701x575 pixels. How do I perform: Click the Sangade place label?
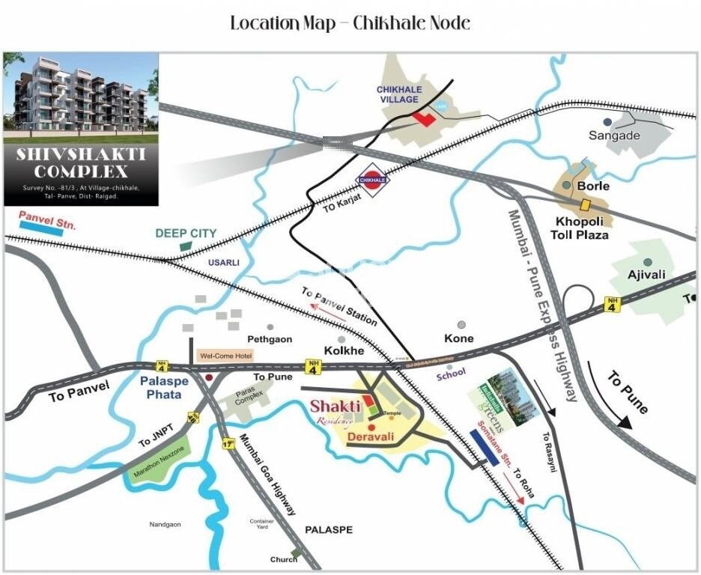(614, 136)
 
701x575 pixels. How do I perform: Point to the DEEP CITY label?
(186, 234)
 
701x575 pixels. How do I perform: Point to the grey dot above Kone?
(462, 325)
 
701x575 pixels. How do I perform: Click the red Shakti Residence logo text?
(336, 410)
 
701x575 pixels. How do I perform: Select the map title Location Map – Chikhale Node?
(350, 23)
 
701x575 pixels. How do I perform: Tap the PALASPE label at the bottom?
(328, 529)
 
